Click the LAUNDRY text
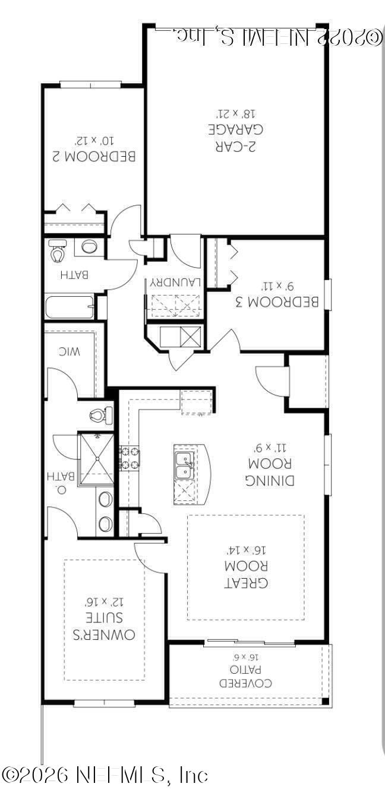(x=174, y=283)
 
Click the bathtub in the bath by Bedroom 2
(x=70, y=307)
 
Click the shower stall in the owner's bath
(x=96, y=459)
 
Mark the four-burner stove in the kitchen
(x=129, y=458)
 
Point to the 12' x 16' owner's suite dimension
(x=100, y=601)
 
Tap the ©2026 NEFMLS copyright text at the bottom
(x=105, y=775)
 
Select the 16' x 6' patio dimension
(x=246, y=657)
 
